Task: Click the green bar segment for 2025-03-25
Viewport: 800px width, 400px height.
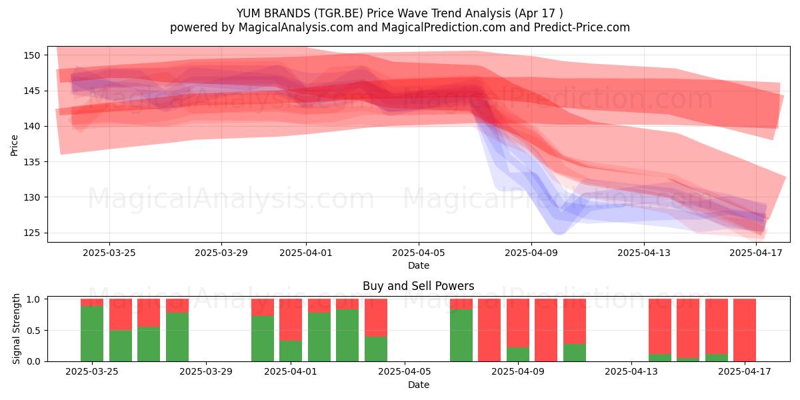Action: [92, 333]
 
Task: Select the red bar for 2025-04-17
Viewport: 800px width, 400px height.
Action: [745, 330]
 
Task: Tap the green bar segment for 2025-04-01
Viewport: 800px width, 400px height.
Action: [291, 351]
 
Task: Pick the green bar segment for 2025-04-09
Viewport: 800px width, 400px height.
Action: [518, 354]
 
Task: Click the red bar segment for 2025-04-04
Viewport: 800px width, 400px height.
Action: [376, 317]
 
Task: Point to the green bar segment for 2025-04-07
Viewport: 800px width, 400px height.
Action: [461, 335]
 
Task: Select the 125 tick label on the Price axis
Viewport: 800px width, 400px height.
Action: [32, 233]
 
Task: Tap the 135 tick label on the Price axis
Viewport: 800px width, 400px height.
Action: [32, 162]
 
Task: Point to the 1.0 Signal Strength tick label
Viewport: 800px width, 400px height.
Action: [34, 299]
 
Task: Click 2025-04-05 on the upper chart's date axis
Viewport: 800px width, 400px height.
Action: [419, 253]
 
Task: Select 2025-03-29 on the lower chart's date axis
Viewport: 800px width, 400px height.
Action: [206, 371]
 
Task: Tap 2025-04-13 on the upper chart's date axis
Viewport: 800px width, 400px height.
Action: [644, 253]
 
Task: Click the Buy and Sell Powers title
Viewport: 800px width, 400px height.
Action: [419, 286]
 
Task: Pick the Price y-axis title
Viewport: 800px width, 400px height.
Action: [14, 145]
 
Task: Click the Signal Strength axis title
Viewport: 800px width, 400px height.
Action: [16, 329]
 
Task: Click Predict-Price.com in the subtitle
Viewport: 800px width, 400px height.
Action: [582, 27]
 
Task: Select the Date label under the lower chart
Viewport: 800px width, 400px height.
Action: [419, 385]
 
